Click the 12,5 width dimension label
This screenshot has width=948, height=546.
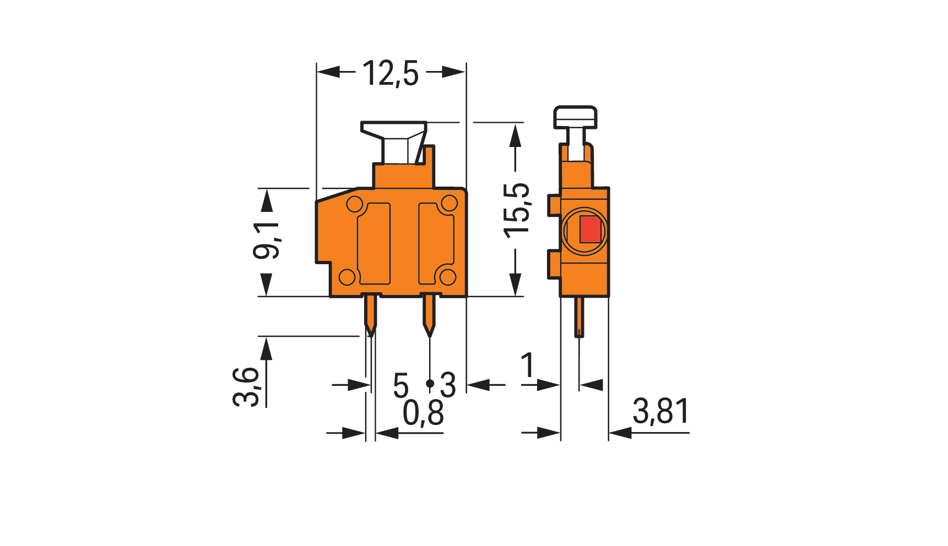coord(391,73)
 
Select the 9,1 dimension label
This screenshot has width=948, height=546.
coord(266,241)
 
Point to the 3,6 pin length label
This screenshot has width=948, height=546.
coord(246,387)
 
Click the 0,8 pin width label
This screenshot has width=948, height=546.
coord(423,413)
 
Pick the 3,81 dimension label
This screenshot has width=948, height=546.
coord(661,411)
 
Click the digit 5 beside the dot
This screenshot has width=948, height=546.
coord(401,385)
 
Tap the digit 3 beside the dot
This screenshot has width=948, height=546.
coord(448,385)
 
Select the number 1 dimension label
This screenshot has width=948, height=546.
coord(528,365)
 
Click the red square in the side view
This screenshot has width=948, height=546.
coord(590,230)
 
